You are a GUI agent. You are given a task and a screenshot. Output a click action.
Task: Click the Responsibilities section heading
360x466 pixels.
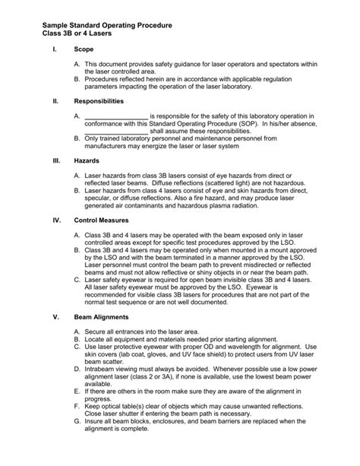point(102,100)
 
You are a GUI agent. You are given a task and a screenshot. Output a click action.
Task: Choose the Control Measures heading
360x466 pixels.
point(103,221)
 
